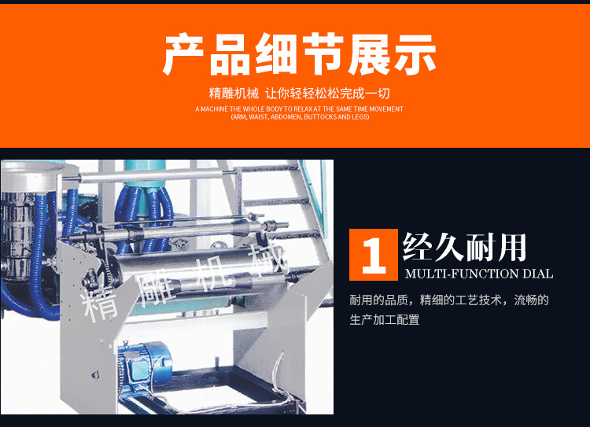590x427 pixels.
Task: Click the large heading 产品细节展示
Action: click(299, 54)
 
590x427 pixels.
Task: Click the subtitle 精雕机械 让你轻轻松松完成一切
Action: click(299, 93)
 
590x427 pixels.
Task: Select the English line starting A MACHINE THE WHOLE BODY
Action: click(299, 109)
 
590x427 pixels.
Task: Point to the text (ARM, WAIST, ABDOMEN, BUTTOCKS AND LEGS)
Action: click(300, 117)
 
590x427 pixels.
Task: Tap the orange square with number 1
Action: click(373, 255)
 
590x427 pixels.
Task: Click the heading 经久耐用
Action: click(464, 247)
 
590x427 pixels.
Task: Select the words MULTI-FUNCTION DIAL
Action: click(479, 274)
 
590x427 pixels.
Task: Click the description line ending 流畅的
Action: click(449, 300)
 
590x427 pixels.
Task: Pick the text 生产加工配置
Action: click(385, 320)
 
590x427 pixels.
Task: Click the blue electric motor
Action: click(145, 363)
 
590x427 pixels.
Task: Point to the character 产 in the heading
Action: click(183, 54)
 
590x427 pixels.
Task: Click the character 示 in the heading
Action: click(415, 54)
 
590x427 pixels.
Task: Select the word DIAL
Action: click(538, 274)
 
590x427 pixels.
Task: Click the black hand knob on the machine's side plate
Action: click(91, 278)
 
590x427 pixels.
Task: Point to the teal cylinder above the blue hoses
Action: click(145, 173)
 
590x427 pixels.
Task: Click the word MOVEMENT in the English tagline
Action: click(386, 109)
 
